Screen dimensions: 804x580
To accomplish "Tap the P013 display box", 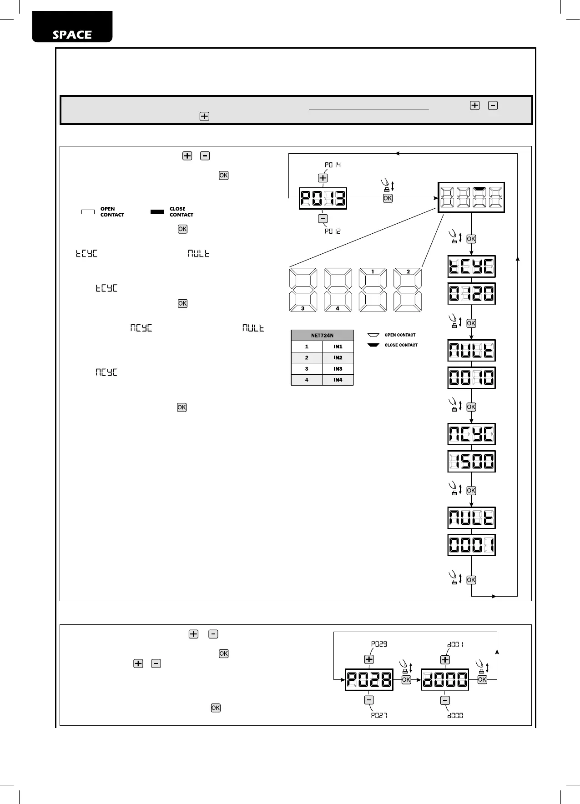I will (323, 198).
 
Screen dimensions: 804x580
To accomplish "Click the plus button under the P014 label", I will (323, 178).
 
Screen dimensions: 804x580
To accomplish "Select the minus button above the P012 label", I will (323, 219).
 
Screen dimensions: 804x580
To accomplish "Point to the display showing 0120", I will (471, 294).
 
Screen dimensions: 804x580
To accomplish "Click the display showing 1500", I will (471, 462).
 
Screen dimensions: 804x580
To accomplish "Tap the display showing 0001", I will (471, 545).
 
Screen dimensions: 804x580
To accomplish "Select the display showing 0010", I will (471, 378).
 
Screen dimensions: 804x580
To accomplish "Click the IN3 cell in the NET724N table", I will (338, 369).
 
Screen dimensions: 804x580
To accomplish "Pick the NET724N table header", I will (322, 336).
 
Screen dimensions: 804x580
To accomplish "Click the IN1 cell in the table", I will (338, 347).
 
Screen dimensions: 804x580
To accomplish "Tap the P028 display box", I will (369, 680).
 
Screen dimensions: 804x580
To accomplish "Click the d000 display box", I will (445, 680).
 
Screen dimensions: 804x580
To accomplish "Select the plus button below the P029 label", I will (369, 659).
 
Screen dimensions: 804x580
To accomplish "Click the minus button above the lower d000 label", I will (445, 700).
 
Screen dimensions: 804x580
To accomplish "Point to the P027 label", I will (379, 715).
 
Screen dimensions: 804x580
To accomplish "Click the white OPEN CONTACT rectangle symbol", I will (88, 212).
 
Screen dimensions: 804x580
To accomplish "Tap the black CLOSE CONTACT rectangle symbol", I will (157, 212).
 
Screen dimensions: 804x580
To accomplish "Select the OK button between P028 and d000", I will (406, 679).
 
